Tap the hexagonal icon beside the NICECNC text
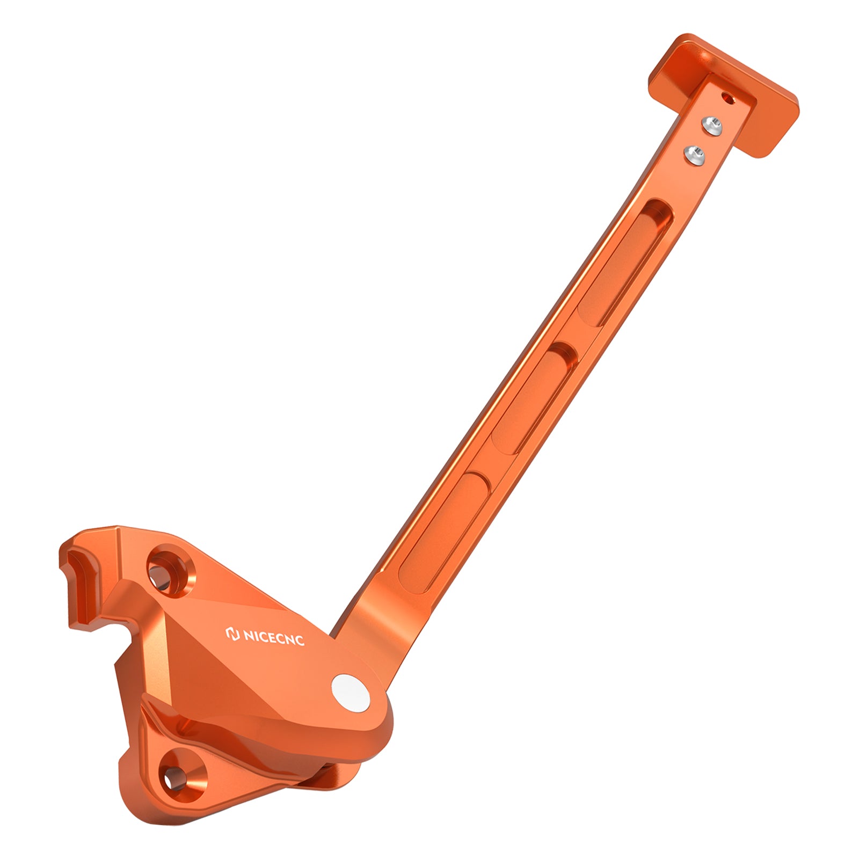click(x=233, y=634)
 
